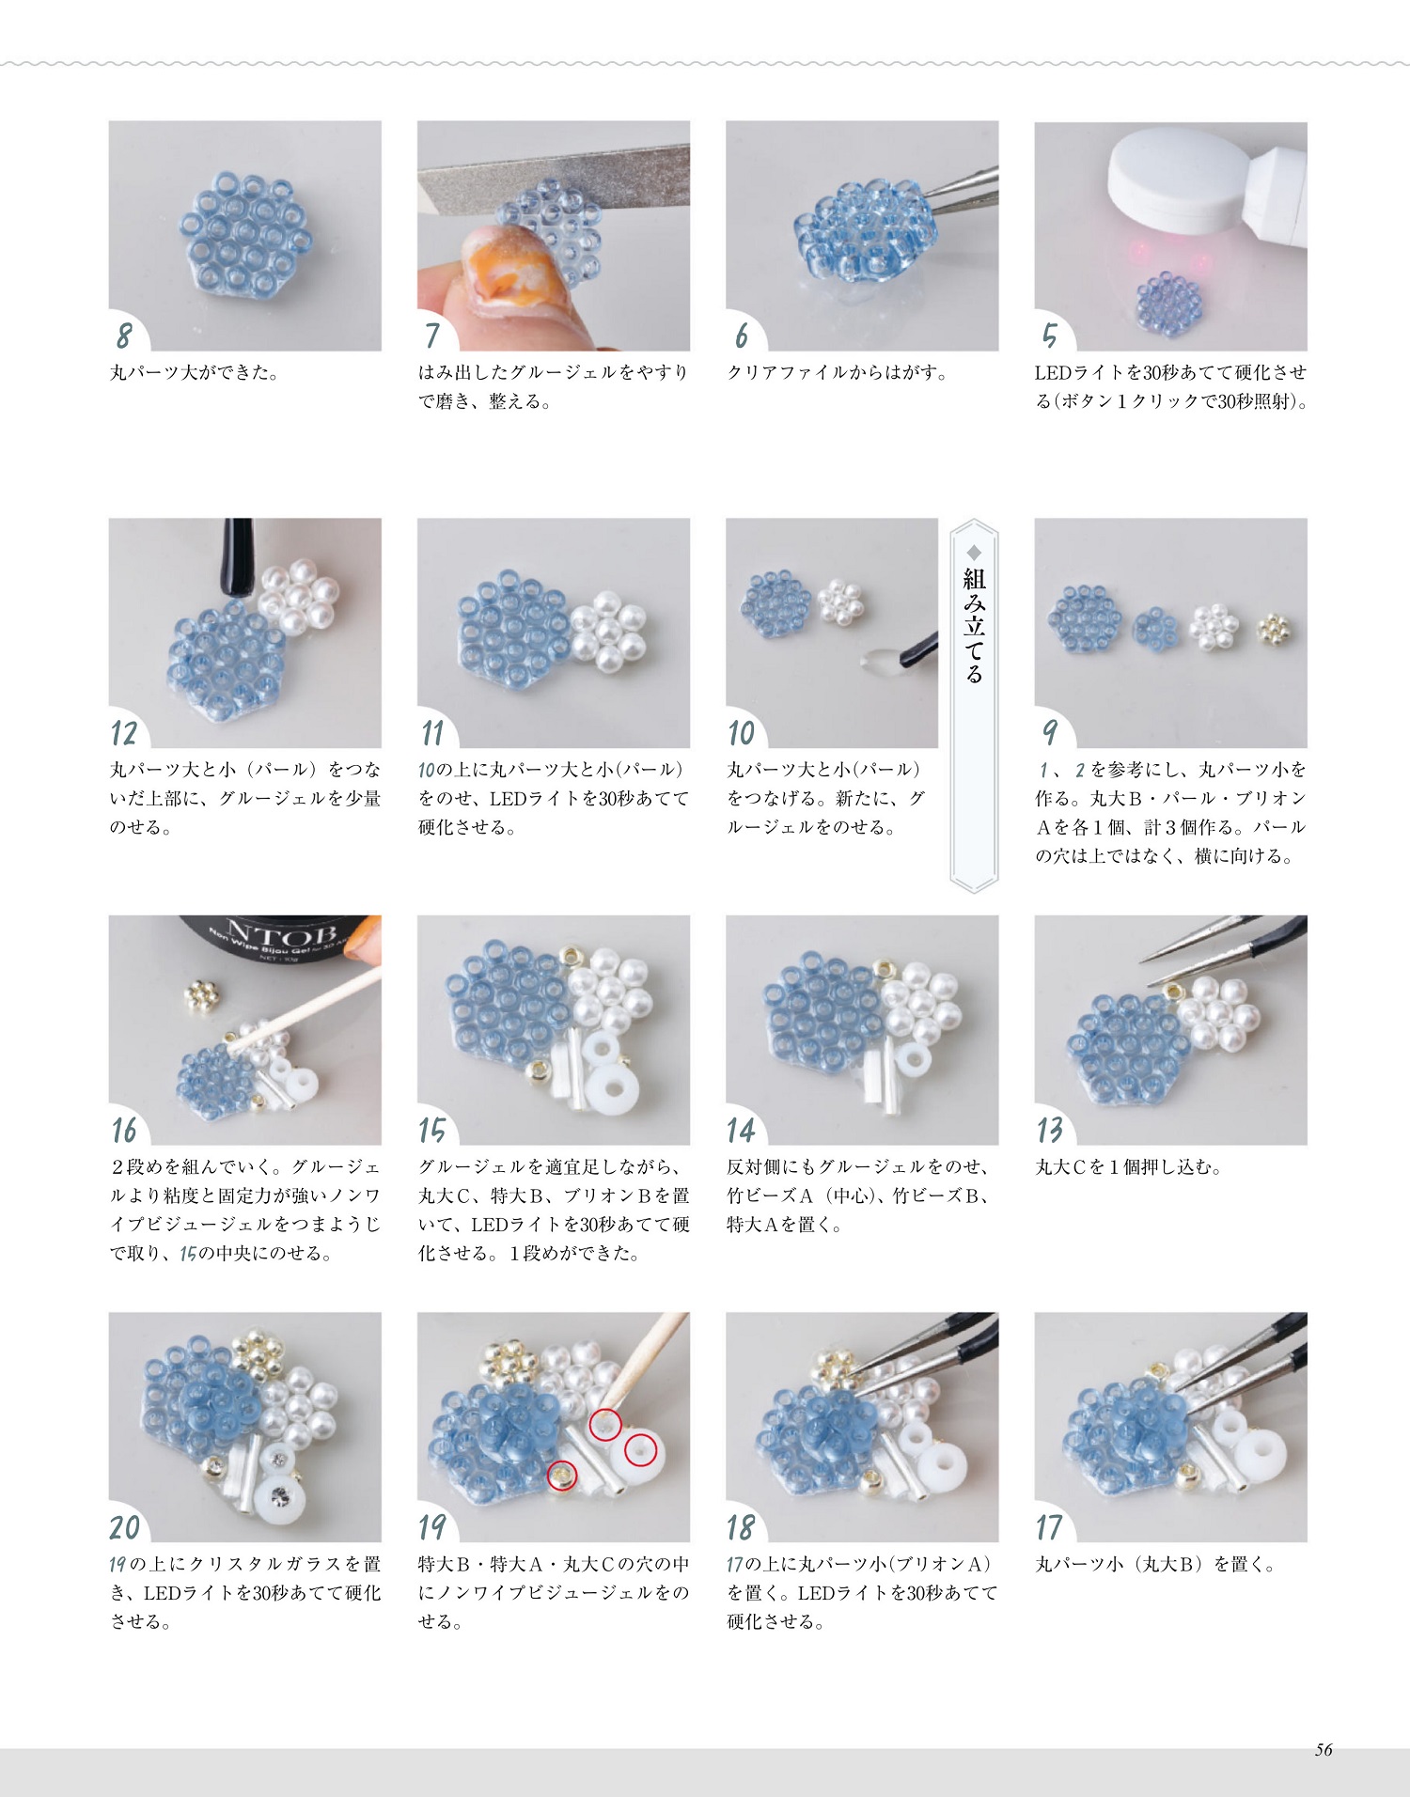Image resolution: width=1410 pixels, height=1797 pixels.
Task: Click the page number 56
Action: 1324,1749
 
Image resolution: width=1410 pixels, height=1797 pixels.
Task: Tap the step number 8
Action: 124,336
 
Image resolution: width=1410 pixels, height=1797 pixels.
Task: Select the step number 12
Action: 124,733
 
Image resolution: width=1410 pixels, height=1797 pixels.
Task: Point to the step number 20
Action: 125,1527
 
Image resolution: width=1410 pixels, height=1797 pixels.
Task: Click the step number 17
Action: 1050,1527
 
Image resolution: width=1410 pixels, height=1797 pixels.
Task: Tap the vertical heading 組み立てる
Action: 974,625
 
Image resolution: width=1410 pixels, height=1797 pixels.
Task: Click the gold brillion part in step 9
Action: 1274,627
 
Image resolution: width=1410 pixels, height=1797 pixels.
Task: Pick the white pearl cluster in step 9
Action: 1215,626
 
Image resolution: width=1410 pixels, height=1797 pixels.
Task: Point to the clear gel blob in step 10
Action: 876,658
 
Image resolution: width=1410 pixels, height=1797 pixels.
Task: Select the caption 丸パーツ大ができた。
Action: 195,372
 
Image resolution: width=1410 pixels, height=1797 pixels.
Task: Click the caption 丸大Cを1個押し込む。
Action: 1128,1167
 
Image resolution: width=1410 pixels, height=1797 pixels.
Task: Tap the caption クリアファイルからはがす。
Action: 838,372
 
